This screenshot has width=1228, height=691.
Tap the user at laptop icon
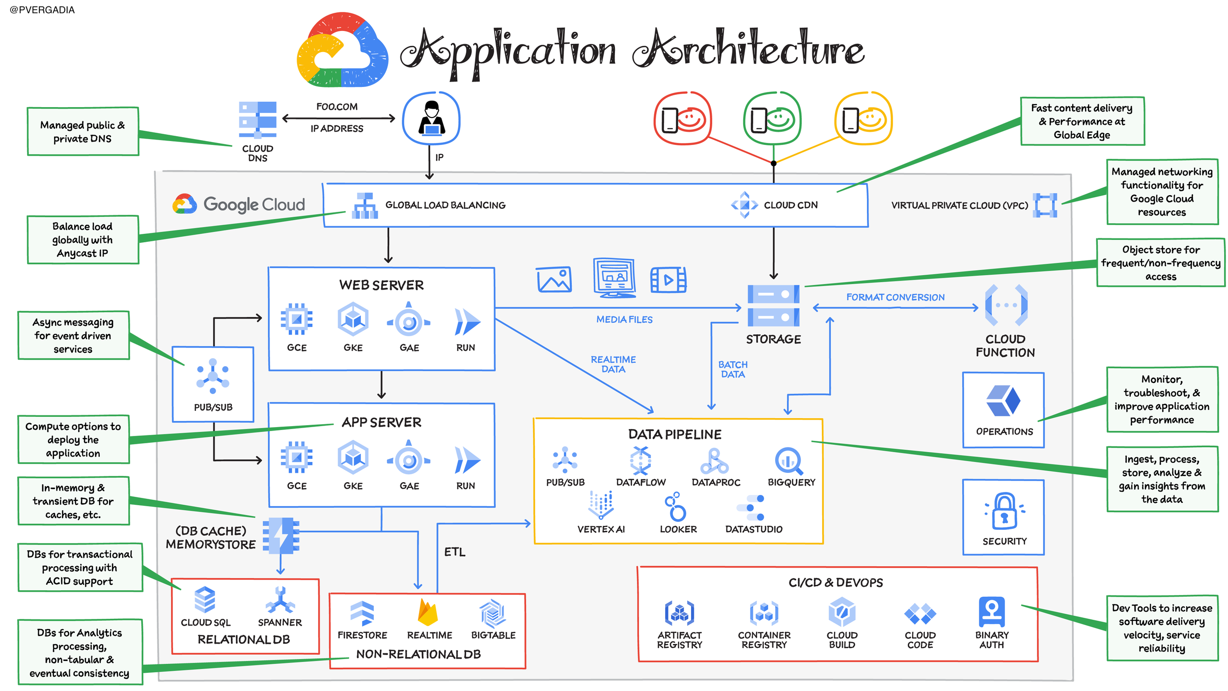[x=431, y=118]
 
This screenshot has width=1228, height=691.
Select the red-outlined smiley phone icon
[x=682, y=118]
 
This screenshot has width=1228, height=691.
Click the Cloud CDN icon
[x=744, y=205]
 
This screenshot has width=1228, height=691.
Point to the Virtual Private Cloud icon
[x=1045, y=205]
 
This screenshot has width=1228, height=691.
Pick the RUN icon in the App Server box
[x=466, y=460]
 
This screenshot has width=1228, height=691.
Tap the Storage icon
[x=773, y=306]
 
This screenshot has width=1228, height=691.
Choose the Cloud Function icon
[x=1006, y=305]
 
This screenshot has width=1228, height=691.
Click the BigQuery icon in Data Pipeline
[x=789, y=461]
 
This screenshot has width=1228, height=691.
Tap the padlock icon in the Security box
[x=1004, y=511]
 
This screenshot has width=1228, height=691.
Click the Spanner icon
[x=279, y=600]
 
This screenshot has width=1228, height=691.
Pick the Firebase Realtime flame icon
[x=427, y=612]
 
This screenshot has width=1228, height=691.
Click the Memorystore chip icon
[x=281, y=535]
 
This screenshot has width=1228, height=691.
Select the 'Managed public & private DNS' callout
[x=83, y=131]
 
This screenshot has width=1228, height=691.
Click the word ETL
[x=454, y=552]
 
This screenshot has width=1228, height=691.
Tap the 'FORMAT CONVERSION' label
[x=895, y=297]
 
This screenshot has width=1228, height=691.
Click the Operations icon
[x=1003, y=401]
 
